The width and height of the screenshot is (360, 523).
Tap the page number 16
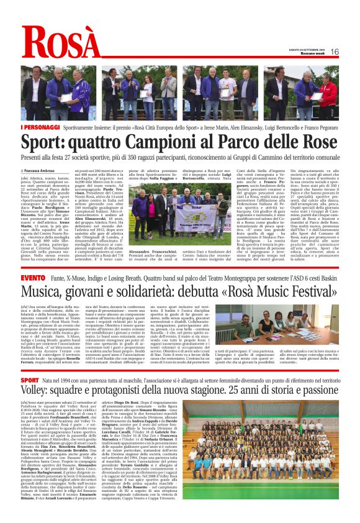[334, 52]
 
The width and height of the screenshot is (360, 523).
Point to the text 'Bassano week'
[306, 55]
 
